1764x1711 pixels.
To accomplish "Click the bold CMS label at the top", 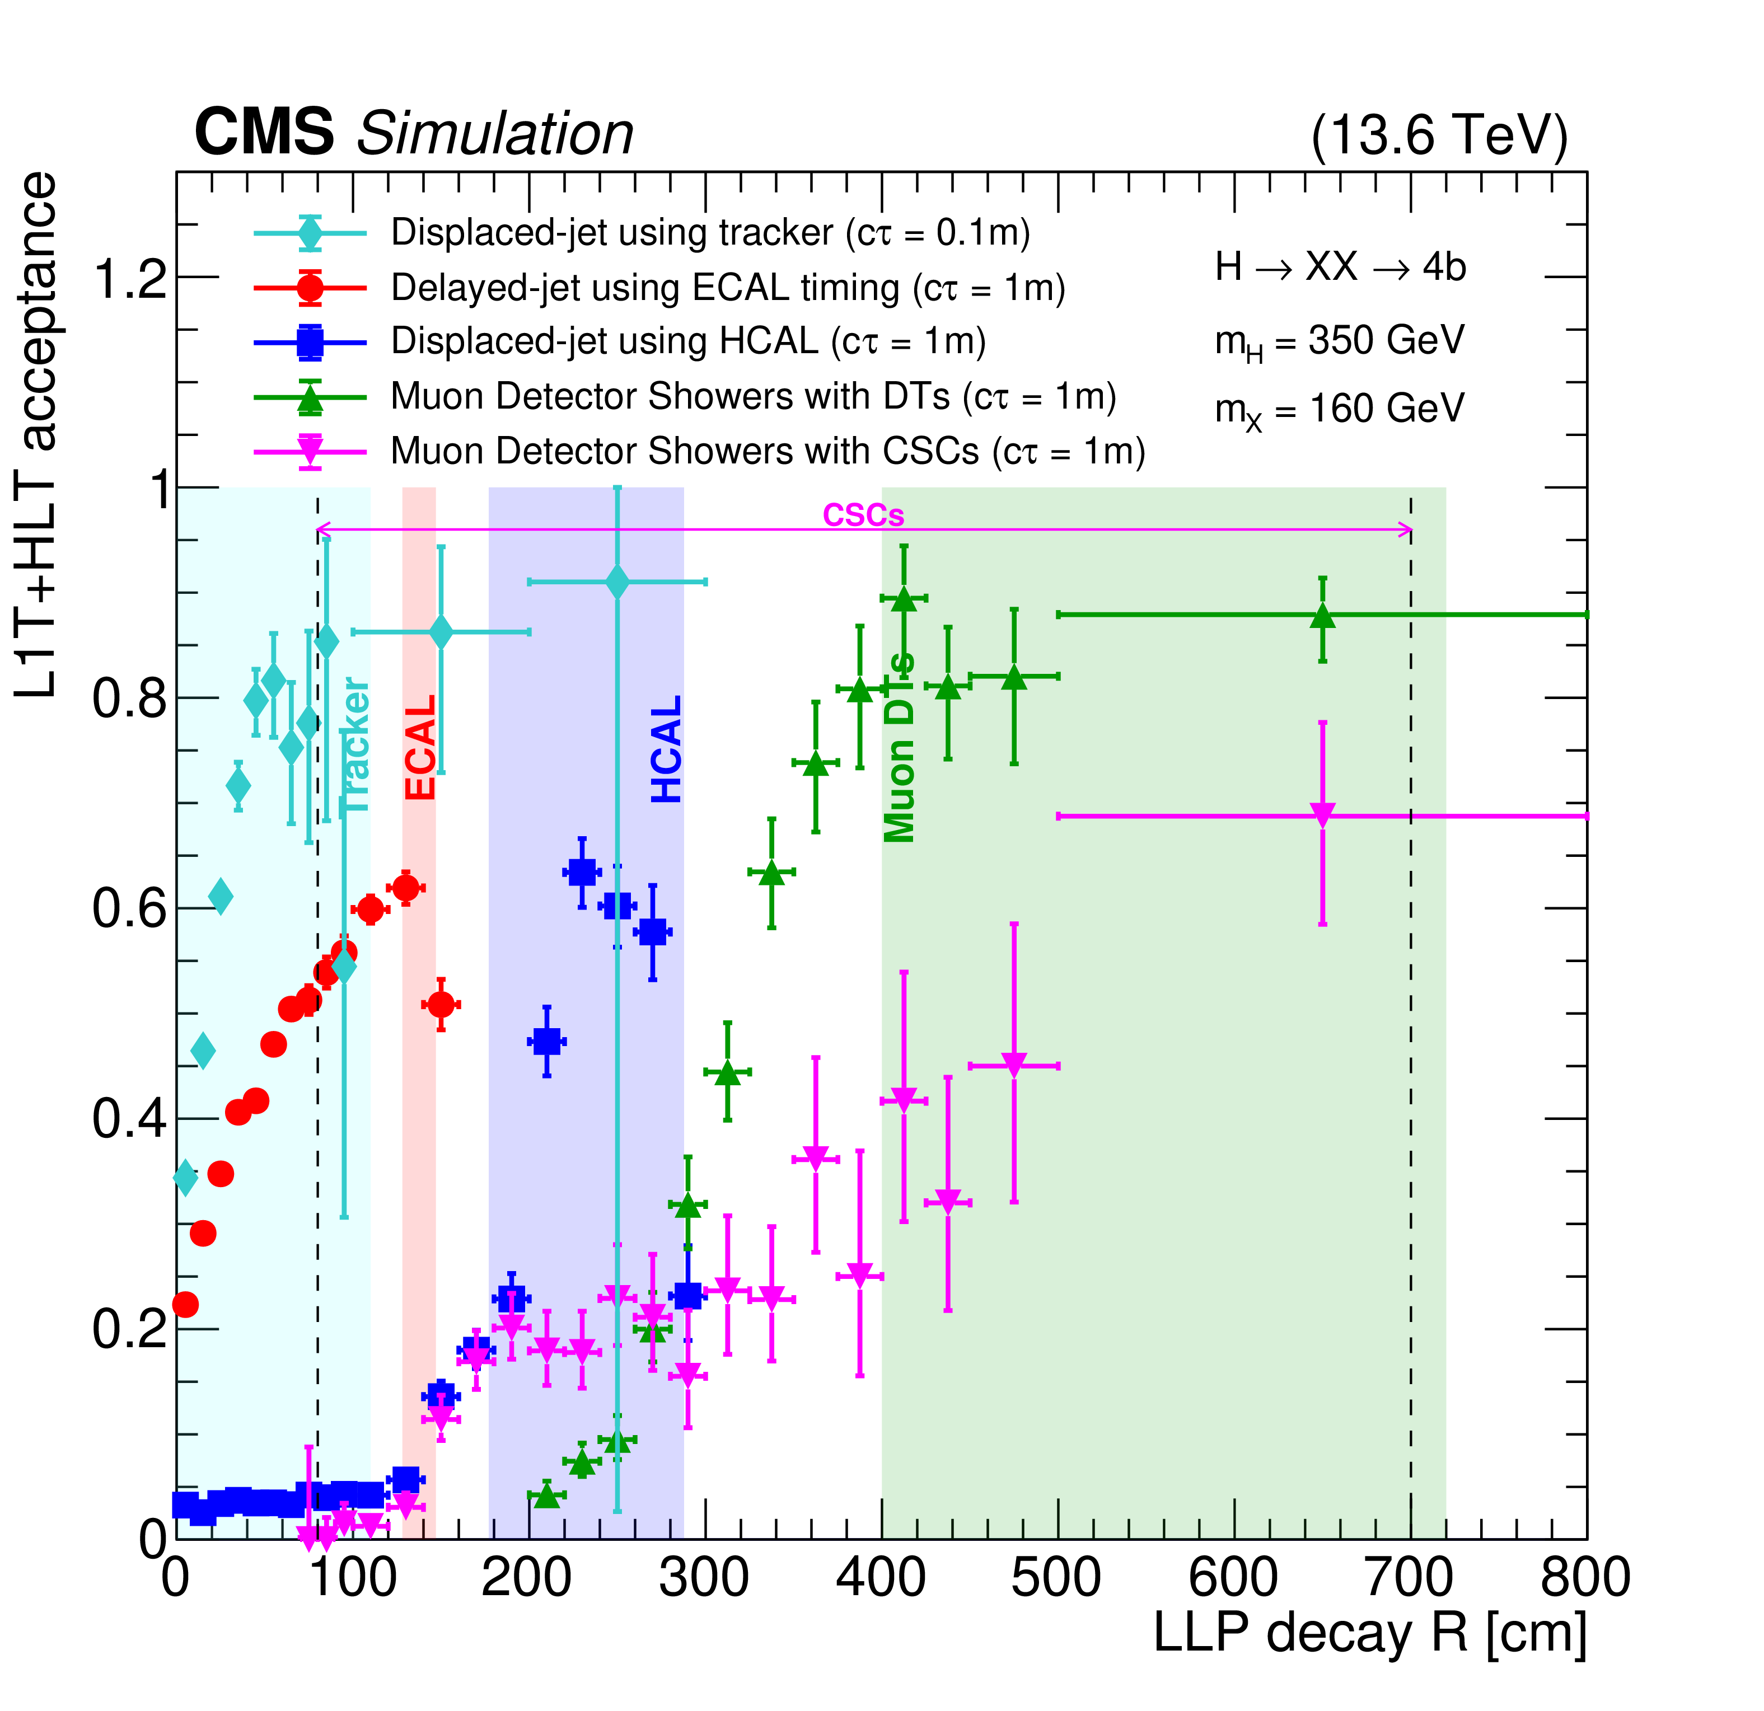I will [x=264, y=132].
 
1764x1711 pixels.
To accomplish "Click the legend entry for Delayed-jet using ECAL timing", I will [x=727, y=288].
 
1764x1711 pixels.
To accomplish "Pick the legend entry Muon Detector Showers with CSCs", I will [x=767, y=451].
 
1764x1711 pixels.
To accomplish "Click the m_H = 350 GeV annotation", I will [x=1339, y=342].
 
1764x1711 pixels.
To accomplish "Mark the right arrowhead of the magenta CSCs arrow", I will [x=1406, y=530].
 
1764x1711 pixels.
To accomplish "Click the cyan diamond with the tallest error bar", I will [x=616, y=582].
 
